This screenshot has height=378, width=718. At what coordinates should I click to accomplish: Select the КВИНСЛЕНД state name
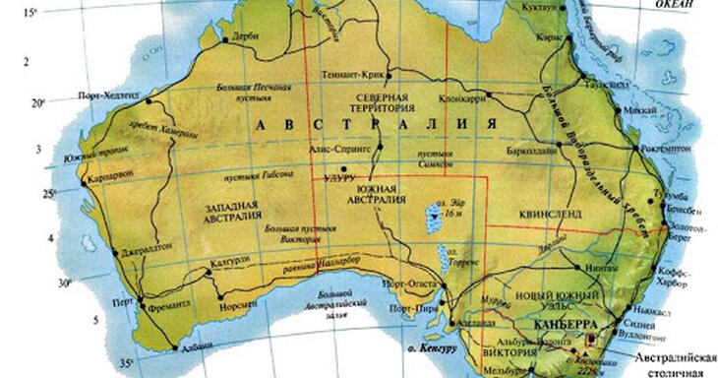[545, 211]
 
